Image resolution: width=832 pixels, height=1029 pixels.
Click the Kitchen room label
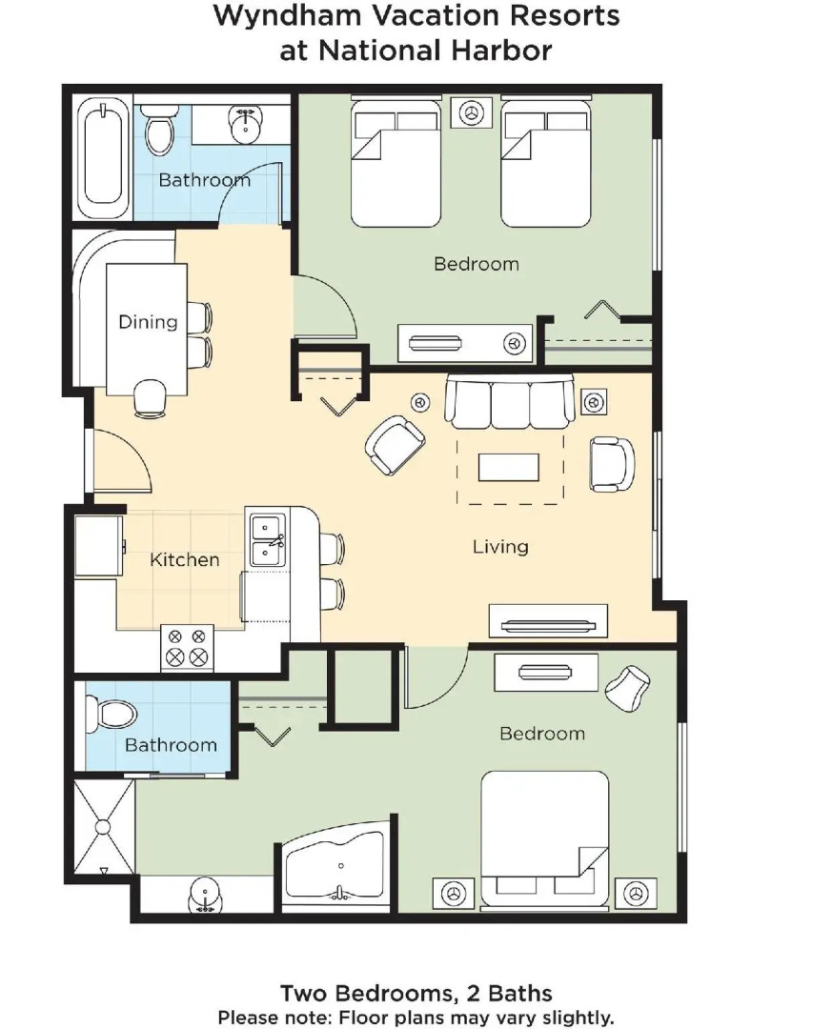(184, 559)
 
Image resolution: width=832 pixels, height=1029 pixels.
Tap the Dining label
(148, 321)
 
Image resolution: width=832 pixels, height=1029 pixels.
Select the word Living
(500, 546)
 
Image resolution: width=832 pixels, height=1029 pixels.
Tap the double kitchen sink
(266, 538)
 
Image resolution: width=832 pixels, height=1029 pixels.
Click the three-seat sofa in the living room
(509, 402)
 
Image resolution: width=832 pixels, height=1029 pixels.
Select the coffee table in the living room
(508, 467)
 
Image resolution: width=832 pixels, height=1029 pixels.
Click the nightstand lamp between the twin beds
(470, 111)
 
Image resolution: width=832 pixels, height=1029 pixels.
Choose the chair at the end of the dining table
(150, 398)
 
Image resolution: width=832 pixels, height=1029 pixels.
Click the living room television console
(547, 622)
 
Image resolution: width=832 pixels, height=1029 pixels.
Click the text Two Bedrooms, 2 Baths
(416, 994)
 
